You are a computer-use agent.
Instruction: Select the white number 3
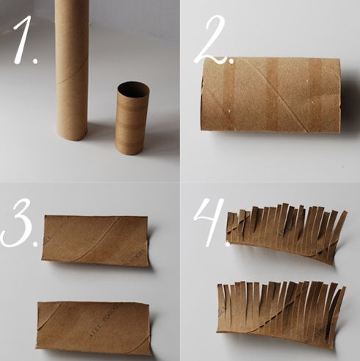coord(18,223)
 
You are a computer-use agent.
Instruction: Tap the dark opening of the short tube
coord(133,89)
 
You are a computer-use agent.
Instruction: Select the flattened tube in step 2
coord(270,95)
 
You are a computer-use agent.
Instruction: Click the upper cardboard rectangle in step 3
coord(95,240)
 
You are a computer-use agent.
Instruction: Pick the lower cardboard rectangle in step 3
coord(93,328)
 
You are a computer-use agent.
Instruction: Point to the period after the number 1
coord(36,60)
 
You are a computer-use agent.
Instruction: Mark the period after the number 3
coord(35,243)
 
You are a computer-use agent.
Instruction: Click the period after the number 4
coord(228,243)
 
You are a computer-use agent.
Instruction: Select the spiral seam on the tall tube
coord(72,76)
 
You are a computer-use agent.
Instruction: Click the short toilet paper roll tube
coord(132,118)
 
